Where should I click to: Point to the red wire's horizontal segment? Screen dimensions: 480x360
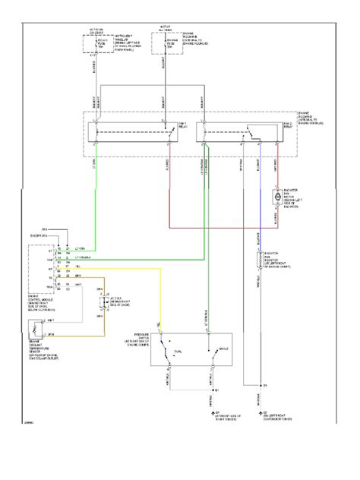tap(228, 226)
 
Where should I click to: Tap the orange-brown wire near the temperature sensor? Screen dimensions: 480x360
tap(84, 335)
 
